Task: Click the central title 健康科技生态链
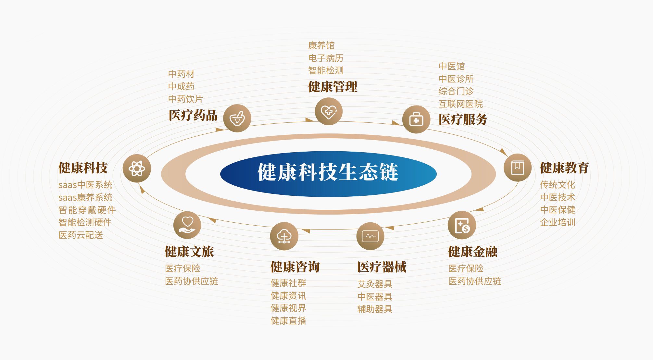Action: point(328,172)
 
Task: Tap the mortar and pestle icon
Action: point(237,118)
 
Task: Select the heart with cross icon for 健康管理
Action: point(329,112)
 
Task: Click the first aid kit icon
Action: point(416,119)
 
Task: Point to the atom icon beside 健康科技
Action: point(137,168)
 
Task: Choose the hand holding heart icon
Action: point(187,225)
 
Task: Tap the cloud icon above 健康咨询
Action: point(284,236)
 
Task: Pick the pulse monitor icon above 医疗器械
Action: point(370,236)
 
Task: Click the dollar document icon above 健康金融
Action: point(462,225)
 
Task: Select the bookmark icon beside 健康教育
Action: point(518,168)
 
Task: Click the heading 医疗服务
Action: point(463,119)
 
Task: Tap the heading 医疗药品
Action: point(193,115)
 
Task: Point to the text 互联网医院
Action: point(461,104)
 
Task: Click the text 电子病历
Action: point(326,58)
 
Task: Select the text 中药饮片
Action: point(185,99)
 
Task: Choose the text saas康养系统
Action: point(85,197)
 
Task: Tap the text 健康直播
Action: point(288,321)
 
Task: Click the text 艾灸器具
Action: point(375,284)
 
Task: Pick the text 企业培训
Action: point(558,222)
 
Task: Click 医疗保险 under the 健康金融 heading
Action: point(466,268)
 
